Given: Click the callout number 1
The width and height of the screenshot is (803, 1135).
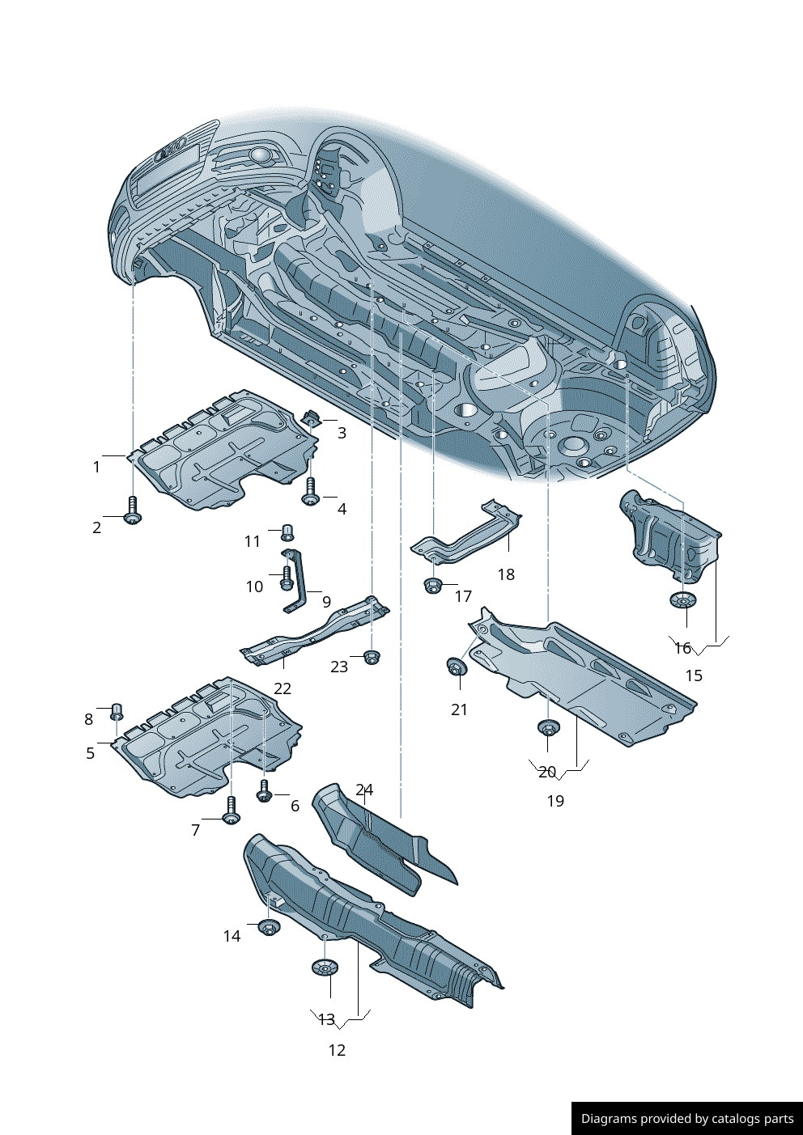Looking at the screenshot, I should [96, 467].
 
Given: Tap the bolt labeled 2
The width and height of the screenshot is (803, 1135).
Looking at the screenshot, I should [133, 510].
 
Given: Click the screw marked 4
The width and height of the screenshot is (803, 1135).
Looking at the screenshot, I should [310, 492].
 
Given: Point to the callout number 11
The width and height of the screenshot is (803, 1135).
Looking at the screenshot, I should [253, 541].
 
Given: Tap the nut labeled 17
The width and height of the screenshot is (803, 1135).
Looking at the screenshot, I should [433, 584].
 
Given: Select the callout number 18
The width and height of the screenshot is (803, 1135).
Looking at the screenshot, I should [506, 574].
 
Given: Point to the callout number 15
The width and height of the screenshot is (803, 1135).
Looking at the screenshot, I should [694, 675].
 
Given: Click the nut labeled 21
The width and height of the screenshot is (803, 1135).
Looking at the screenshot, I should [456, 667].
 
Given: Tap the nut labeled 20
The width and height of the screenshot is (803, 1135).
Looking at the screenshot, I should [548, 727].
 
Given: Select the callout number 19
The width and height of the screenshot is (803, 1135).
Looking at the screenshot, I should [555, 801].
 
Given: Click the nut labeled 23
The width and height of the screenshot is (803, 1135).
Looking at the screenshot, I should [372, 656].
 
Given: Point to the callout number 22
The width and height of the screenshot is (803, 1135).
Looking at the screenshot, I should [282, 688].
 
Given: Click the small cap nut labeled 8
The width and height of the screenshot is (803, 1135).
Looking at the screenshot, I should [117, 711].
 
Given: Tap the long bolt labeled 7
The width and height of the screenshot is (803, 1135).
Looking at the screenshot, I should [232, 810].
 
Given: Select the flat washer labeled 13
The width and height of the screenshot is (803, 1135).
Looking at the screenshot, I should [325, 968].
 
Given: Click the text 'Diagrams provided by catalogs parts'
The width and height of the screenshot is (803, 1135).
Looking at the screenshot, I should [686, 1119].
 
